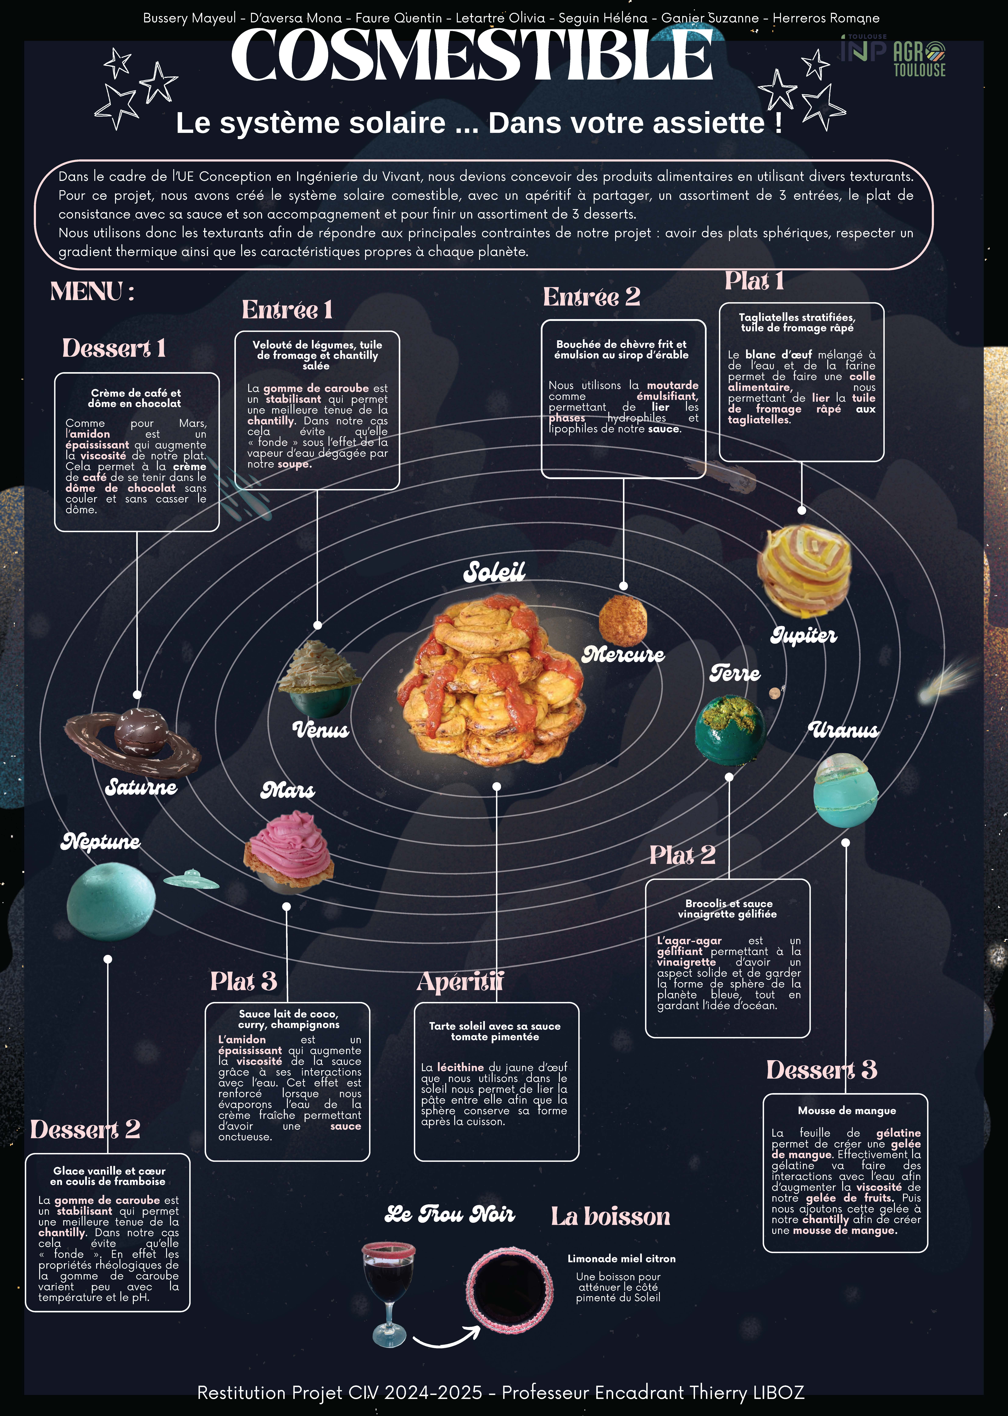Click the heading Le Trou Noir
[x=449, y=1214]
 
